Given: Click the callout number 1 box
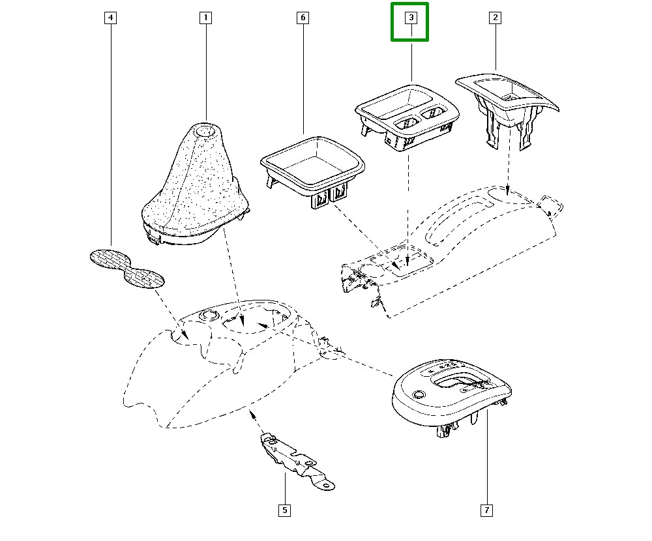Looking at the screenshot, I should tap(205, 18).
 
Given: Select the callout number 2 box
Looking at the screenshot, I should tap(495, 18).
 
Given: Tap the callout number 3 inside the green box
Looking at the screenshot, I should tap(411, 18).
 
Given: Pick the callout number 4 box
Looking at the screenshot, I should tap(111, 18).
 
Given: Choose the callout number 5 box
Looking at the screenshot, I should tap(284, 510).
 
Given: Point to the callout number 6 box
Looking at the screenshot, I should tap(303, 18).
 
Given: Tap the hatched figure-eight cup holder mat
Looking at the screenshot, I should tap(126, 267).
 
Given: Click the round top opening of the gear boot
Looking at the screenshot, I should tap(206, 131).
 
